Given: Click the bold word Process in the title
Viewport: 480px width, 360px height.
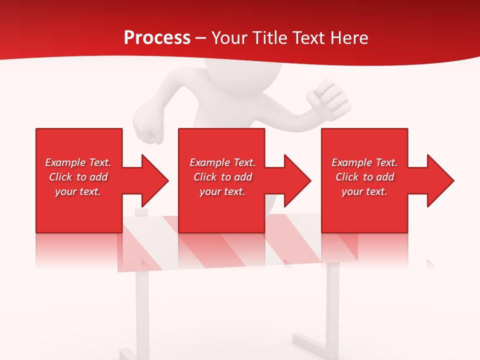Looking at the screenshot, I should tap(157, 38).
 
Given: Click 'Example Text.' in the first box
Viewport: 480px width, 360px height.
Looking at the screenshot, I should tap(78, 162).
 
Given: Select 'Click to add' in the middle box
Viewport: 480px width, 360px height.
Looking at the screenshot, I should tap(222, 177).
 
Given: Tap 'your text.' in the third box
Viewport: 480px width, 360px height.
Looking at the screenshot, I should tap(364, 191).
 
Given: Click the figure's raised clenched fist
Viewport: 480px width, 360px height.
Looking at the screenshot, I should tap(327, 97).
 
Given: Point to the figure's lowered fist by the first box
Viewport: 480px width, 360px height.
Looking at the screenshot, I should tap(148, 132).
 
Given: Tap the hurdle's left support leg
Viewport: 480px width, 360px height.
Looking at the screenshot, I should tap(142, 310).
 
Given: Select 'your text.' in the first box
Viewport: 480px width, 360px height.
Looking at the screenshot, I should tap(78, 191).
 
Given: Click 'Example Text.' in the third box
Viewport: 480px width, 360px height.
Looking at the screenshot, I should tap(364, 162).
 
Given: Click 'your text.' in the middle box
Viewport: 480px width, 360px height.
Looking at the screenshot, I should tap(222, 191).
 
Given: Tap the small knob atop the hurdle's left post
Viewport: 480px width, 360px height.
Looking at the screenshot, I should tap(142, 213).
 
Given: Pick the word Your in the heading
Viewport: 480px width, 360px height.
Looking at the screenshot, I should tap(229, 38).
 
